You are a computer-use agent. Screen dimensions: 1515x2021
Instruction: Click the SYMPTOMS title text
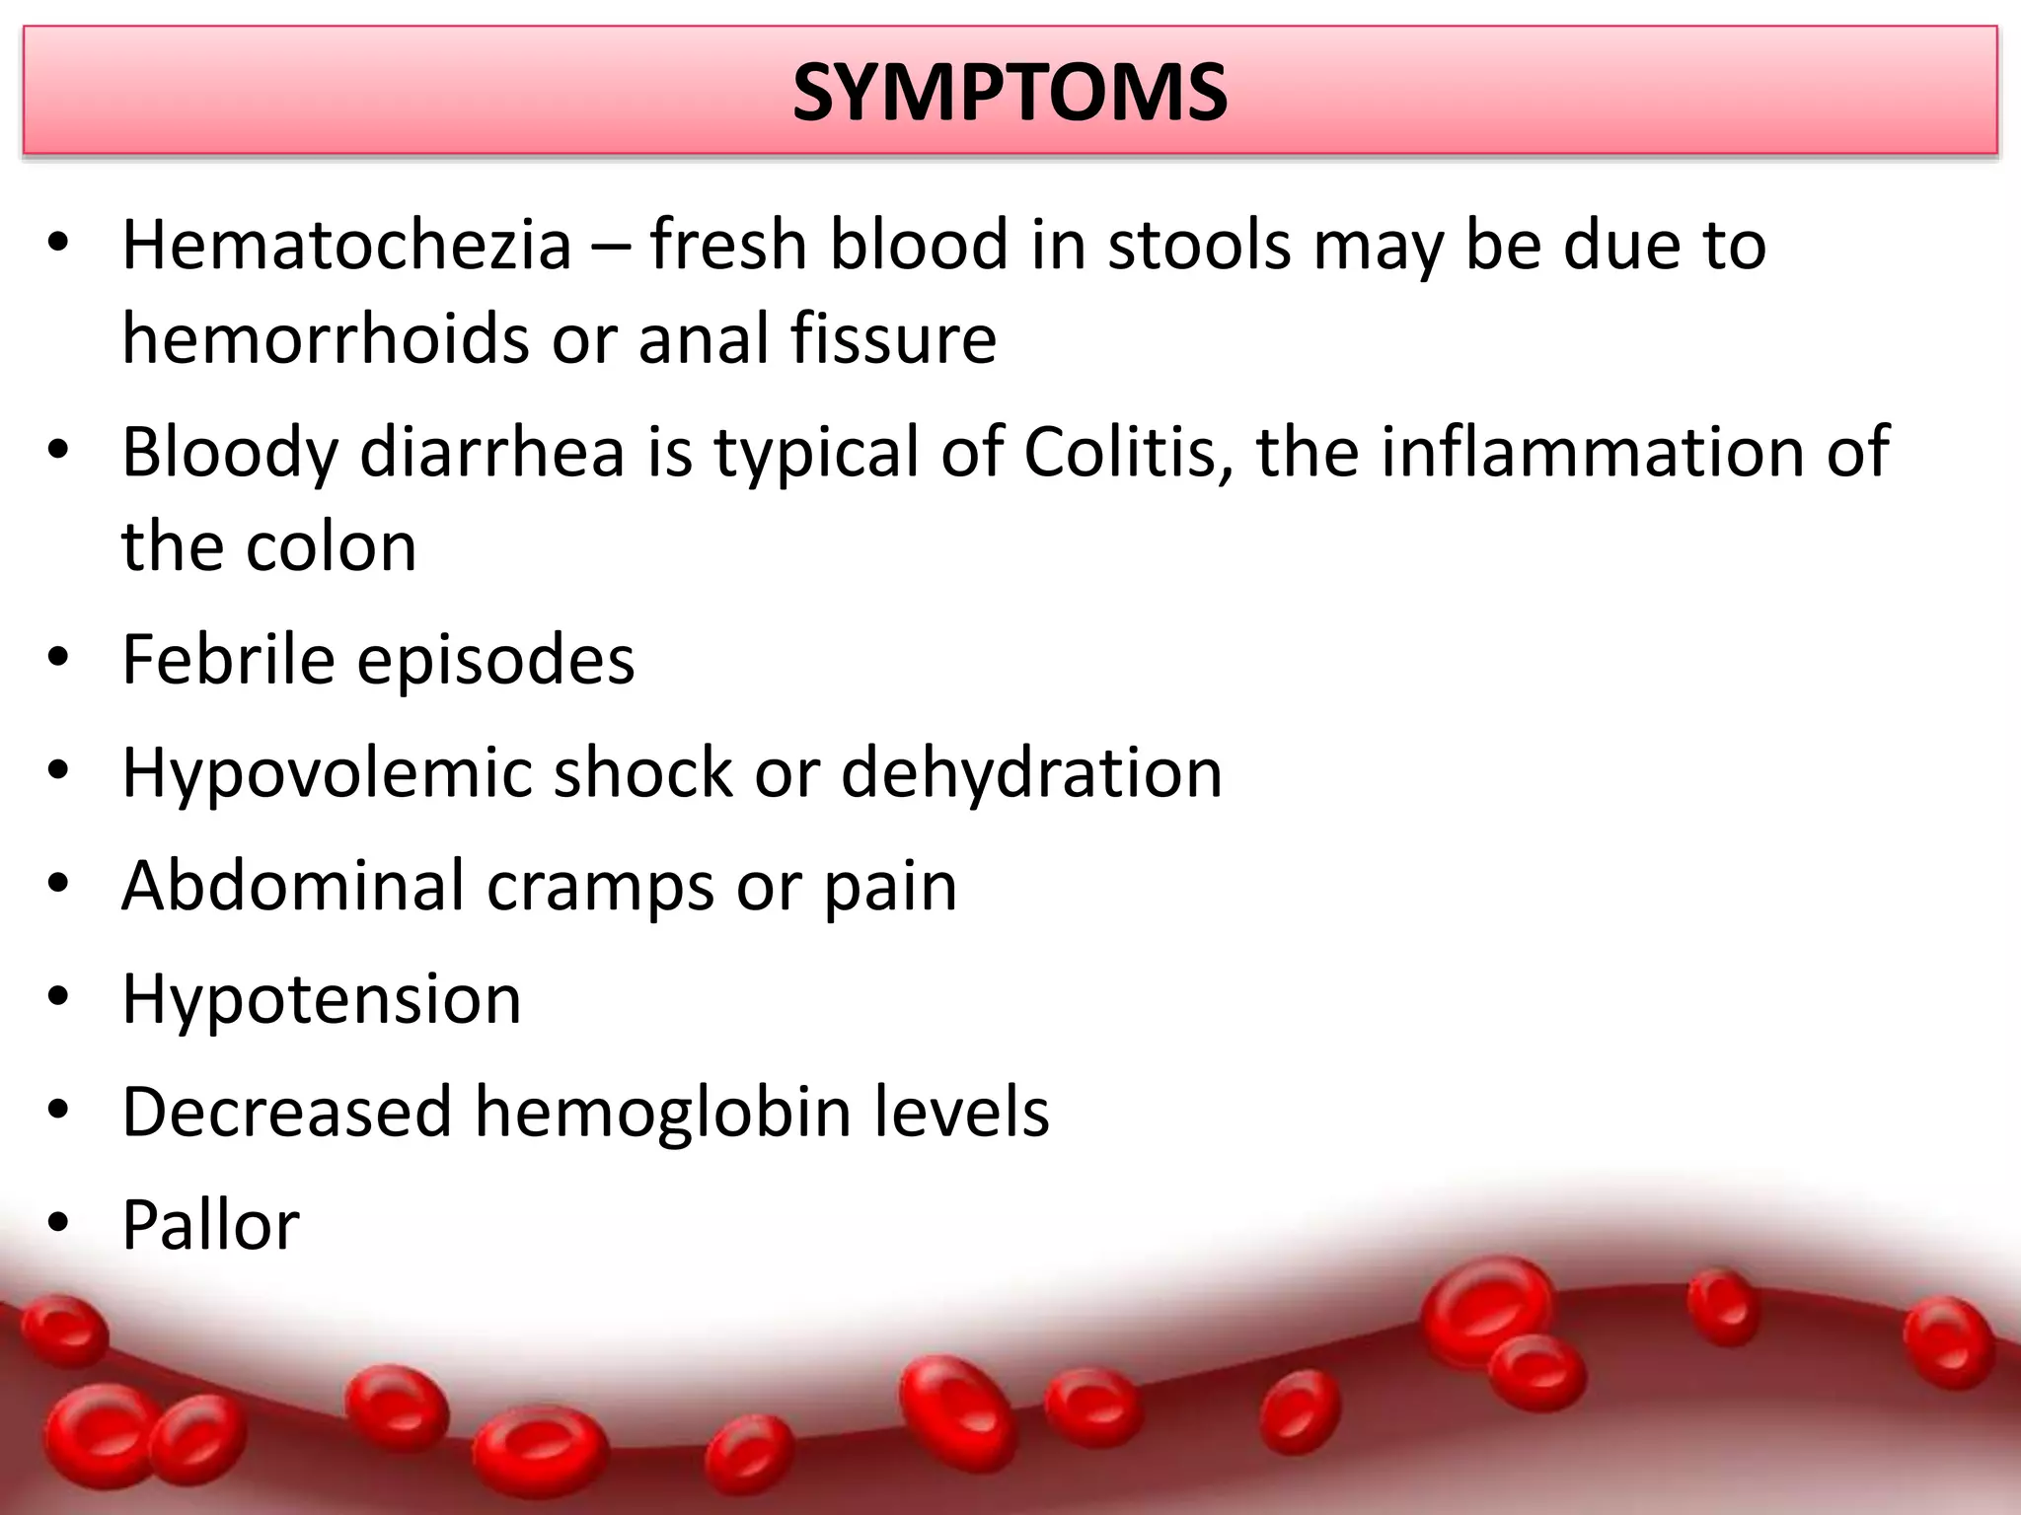coord(1010,93)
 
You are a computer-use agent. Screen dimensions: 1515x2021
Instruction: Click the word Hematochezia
coord(346,245)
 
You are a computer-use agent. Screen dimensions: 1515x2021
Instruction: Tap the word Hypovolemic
coord(327,772)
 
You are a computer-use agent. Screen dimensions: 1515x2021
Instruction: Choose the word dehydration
coord(1031,772)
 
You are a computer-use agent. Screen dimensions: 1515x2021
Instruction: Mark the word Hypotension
coord(322,1000)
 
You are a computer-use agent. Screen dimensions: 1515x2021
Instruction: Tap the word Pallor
coord(210,1226)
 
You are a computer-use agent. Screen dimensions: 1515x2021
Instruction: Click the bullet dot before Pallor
coord(58,1224)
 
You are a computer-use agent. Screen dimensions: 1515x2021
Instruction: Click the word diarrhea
coord(492,452)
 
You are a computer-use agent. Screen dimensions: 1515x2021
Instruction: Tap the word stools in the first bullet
coord(1199,245)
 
